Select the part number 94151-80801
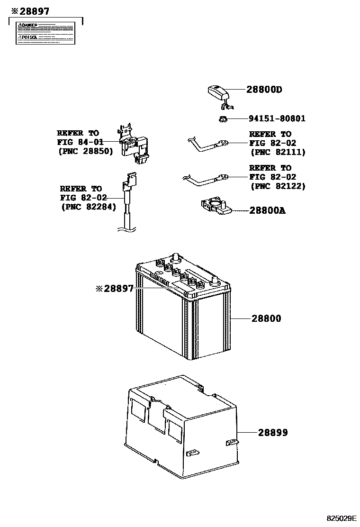(x=277, y=118)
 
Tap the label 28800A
(x=267, y=210)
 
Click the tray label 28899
(x=273, y=433)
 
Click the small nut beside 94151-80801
(x=223, y=118)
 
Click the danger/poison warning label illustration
(x=46, y=32)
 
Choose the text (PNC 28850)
(x=86, y=151)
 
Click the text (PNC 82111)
(x=278, y=152)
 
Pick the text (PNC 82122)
(x=278, y=186)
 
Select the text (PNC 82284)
(x=88, y=207)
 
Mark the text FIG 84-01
(x=78, y=142)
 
